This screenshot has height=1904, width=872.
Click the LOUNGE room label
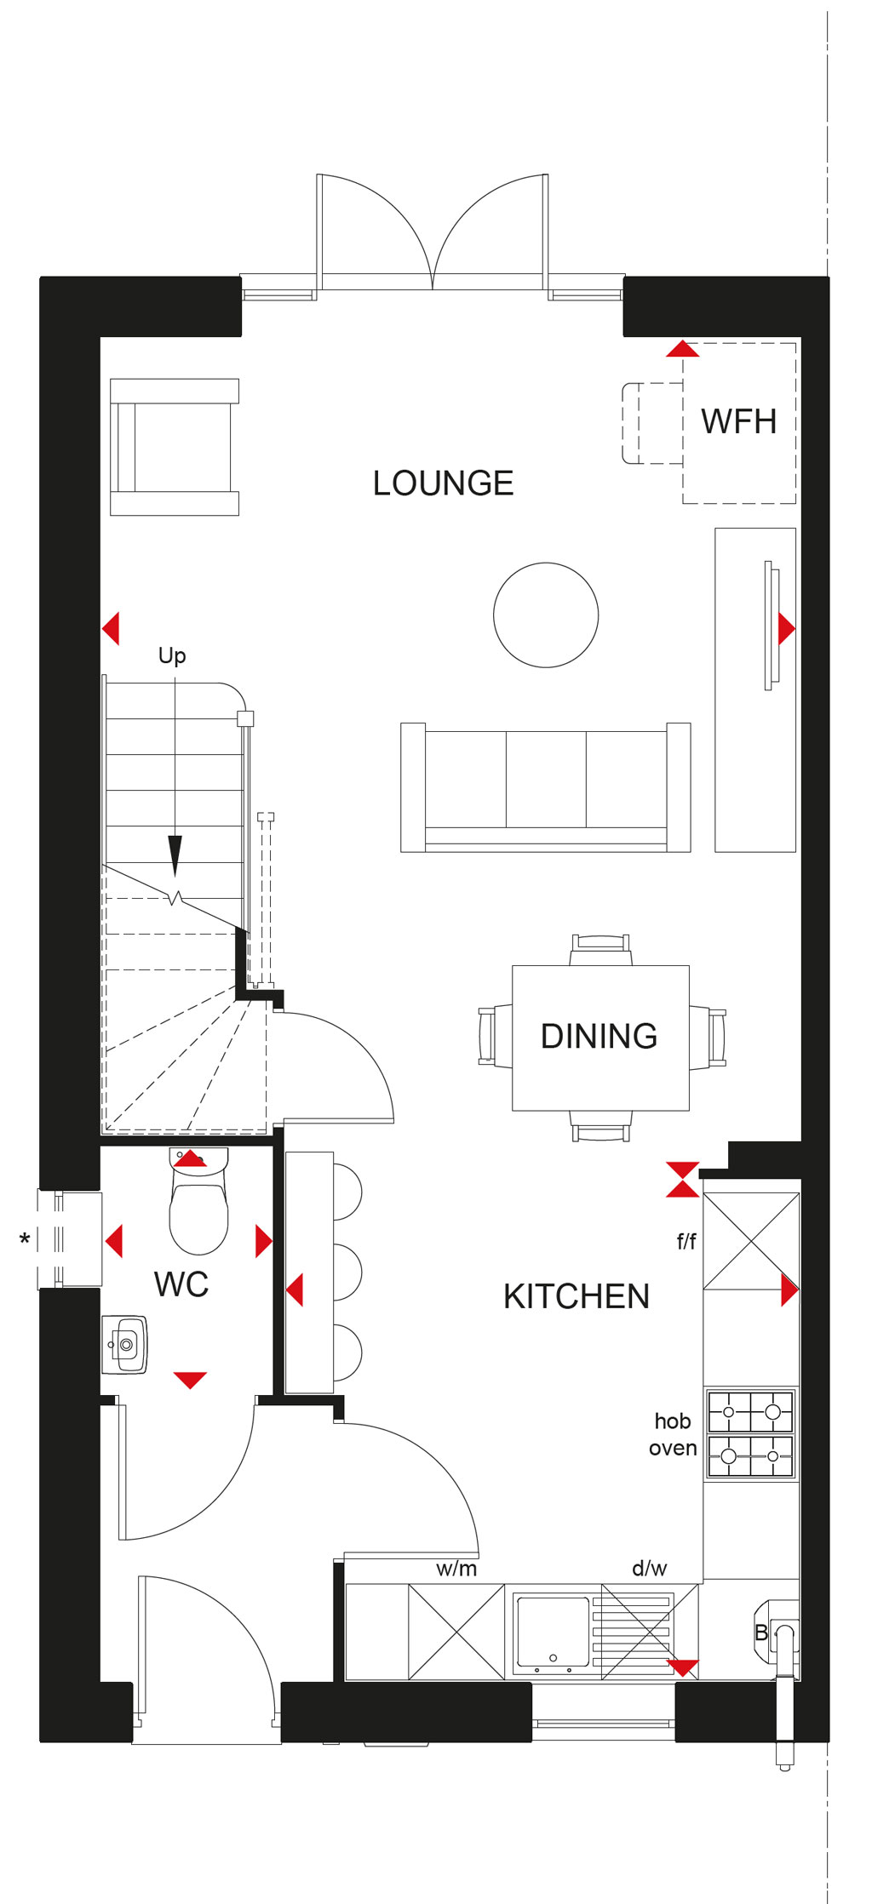coord(443,483)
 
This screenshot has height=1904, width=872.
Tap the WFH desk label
coord(738,421)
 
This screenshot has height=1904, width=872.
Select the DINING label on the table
coord(599,1036)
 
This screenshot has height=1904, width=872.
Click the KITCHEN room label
coord(577,1296)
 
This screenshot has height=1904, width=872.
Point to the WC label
coord(181,1284)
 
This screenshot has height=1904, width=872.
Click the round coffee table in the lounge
coord(546,615)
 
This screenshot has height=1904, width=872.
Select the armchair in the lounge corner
coord(175,447)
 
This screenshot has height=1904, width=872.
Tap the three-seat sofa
coord(546,787)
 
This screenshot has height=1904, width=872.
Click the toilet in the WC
coord(199,1201)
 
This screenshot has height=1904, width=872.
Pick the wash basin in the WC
coord(125,1345)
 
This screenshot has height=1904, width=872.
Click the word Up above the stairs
coord(172,655)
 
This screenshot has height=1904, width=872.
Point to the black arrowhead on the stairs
coord(175,856)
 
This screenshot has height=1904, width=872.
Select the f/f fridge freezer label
coord(686,1242)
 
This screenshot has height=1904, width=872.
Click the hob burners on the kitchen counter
coord(751,1434)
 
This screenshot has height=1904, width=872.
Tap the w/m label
coord(456,1569)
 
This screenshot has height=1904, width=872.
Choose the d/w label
coord(649,1568)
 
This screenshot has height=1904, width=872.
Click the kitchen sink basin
coord(551,1631)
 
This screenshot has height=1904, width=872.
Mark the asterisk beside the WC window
coord(25,1239)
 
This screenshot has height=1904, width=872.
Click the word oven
coord(673,1448)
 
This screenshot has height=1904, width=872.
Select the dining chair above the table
coord(601,950)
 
